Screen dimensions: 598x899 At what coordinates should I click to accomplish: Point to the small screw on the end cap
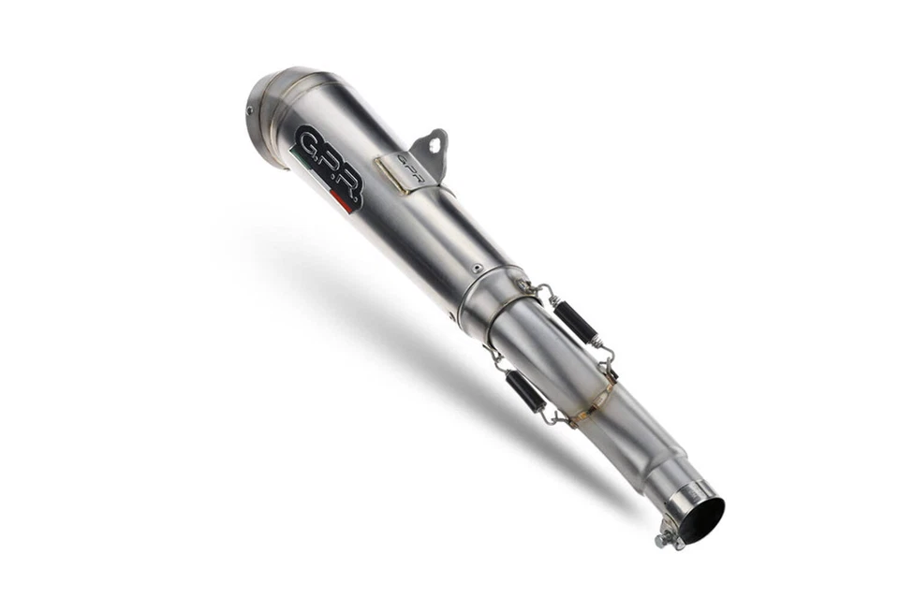click(x=251, y=109)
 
